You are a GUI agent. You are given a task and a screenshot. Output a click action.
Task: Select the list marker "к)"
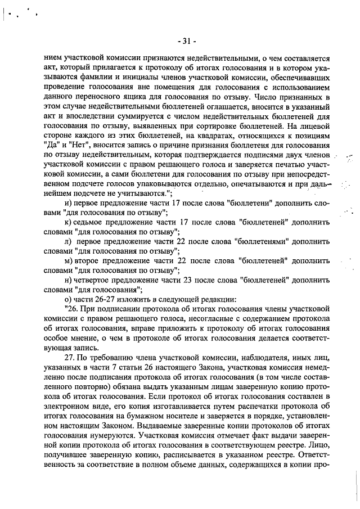[x=69, y=222]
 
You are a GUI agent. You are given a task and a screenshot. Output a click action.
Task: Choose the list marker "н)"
[x=69, y=280]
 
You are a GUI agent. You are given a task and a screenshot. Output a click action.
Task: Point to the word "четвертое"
[x=98, y=280]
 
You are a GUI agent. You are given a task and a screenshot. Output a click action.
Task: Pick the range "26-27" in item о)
[x=101, y=299]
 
